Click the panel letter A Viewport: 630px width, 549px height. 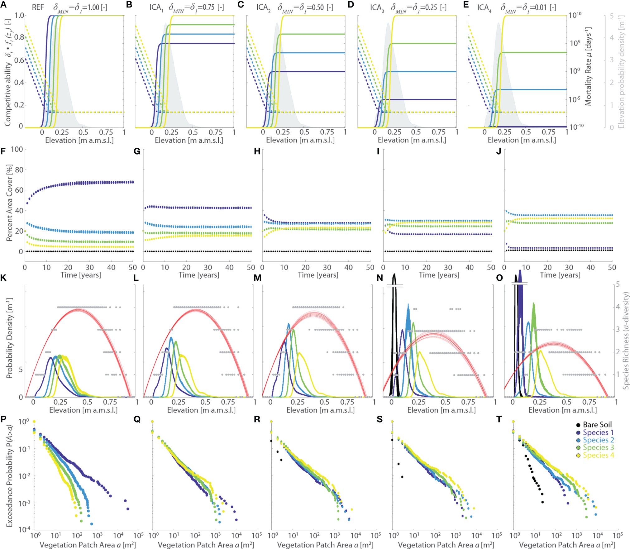point(3,5)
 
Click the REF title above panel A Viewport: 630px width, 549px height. point(38,7)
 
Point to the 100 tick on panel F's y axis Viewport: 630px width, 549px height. point(17,149)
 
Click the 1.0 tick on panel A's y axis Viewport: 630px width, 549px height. point(19,15)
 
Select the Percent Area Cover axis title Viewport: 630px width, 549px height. point(9,203)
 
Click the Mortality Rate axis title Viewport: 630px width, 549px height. point(588,66)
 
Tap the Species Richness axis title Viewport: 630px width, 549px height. point(626,340)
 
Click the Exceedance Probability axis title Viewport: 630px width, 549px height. point(9,475)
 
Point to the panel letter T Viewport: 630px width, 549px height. point(499,419)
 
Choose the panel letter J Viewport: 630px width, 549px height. point(499,151)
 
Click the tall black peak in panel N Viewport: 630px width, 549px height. point(394,275)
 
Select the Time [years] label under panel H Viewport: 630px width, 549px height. point(318,275)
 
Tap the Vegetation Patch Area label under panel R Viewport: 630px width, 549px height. point(325,545)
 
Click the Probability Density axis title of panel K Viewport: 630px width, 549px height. point(9,338)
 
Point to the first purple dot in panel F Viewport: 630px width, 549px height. point(27,203)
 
